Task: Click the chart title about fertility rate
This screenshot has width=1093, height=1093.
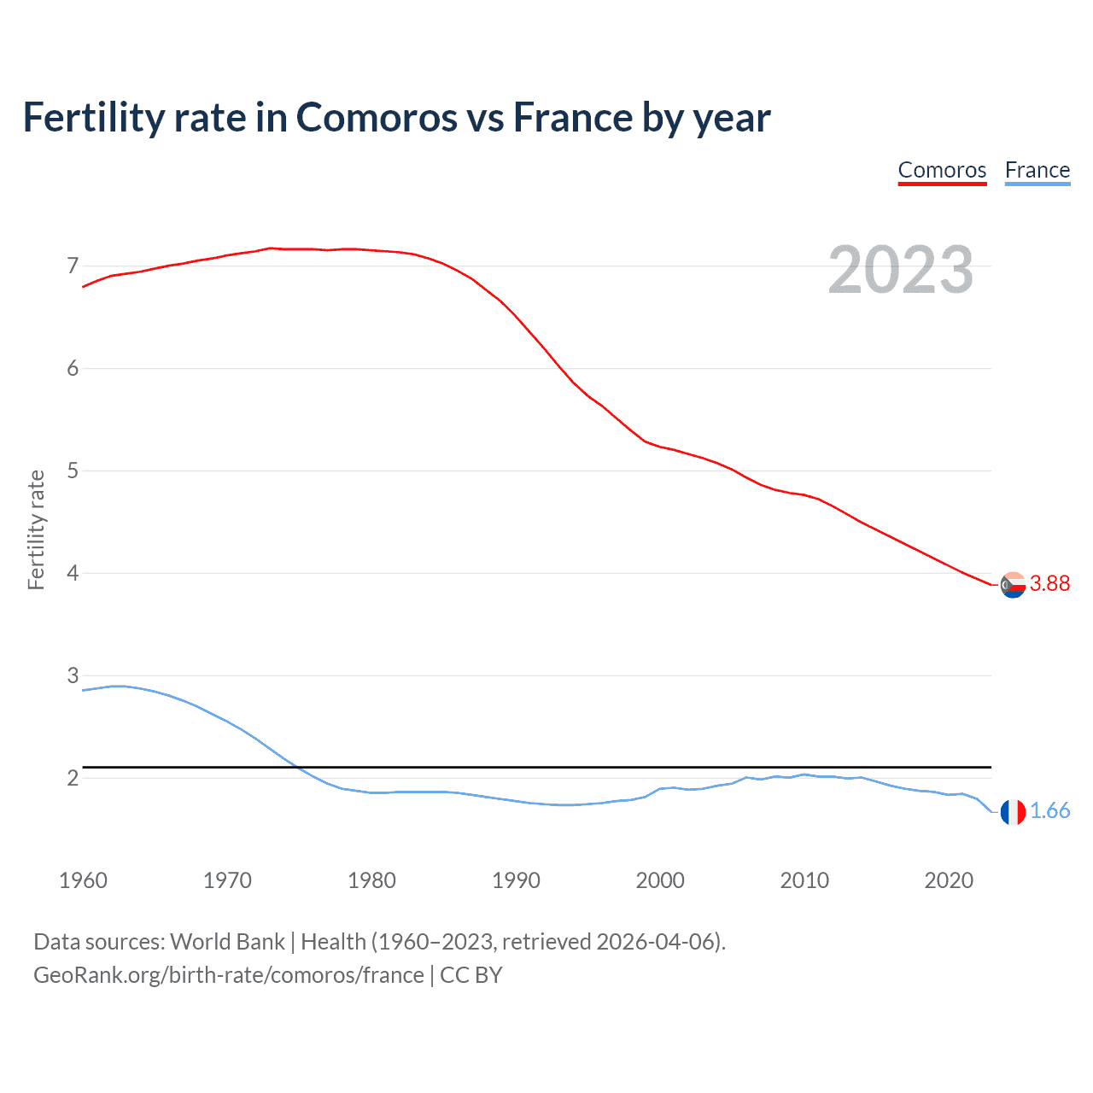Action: click(x=396, y=118)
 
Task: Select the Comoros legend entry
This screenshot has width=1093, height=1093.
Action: click(x=942, y=170)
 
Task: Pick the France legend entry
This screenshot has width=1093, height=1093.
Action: click(x=1037, y=170)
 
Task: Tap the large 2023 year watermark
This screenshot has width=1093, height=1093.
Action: click(x=901, y=270)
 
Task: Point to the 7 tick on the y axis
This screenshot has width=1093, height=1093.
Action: click(x=73, y=266)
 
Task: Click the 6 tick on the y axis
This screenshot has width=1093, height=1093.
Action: click(x=73, y=369)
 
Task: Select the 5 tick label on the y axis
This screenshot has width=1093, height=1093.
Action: click(x=73, y=471)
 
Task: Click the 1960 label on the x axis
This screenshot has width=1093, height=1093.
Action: click(x=83, y=880)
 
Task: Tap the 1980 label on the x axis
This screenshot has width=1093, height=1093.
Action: click(x=371, y=880)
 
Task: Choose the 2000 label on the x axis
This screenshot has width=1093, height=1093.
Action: click(x=660, y=880)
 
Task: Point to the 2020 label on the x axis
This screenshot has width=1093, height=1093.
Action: click(x=949, y=880)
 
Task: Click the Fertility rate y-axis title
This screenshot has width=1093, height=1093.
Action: click(x=36, y=529)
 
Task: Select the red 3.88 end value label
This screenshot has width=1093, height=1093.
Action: click(x=1049, y=583)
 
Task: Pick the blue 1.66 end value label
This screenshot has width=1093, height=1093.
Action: click(x=1049, y=811)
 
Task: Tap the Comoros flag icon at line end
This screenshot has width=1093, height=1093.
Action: click(x=1013, y=585)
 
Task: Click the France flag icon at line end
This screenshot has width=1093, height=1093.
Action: click(x=1013, y=812)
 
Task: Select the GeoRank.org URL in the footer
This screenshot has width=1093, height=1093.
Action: click(x=228, y=975)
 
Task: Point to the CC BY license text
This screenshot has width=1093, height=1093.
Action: click(x=471, y=975)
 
